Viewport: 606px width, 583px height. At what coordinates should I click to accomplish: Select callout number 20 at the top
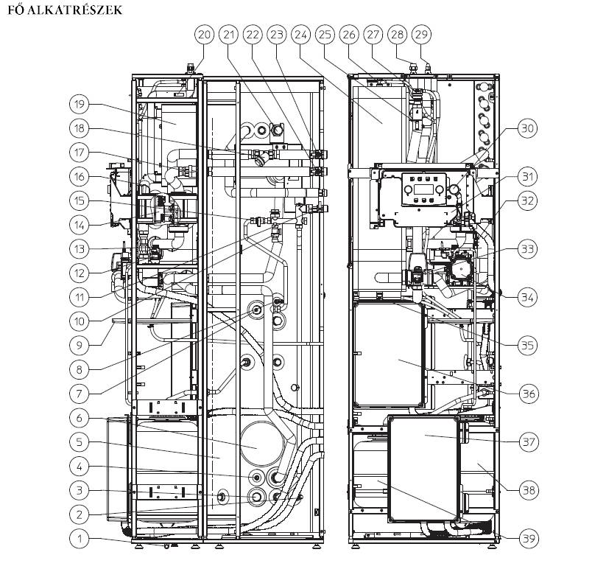204,34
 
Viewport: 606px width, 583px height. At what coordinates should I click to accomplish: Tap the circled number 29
422,34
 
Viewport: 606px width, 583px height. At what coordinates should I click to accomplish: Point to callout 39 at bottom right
527,539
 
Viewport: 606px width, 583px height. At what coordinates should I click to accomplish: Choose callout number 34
527,297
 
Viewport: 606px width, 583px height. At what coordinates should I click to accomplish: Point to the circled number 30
527,128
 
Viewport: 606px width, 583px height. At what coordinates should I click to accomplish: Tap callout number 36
527,393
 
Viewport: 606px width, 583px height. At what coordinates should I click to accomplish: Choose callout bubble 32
527,200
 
